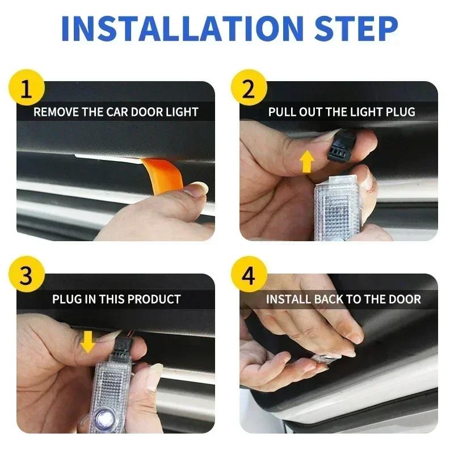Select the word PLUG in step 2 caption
pos(401,112)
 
